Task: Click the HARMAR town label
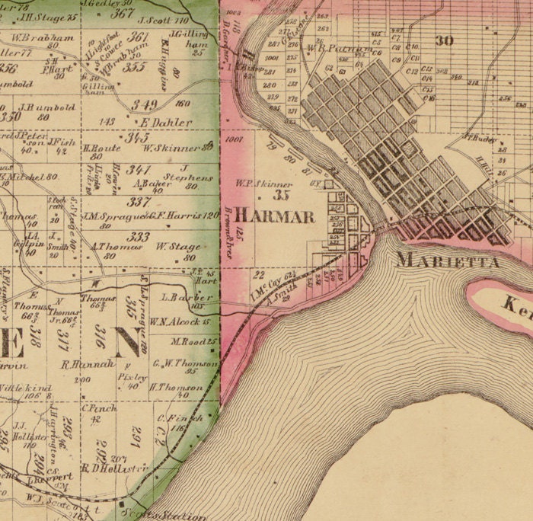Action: coord(274,216)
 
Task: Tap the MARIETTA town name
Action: coord(448,261)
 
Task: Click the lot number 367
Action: coord(122,13)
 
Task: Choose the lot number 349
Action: coord(144,104)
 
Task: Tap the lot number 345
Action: coord(137,138)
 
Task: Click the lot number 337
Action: coord(139,202)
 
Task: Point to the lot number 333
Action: coord(139,237)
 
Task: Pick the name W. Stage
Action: coord(178,247)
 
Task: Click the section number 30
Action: coord(444,41)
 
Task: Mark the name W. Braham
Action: coord(43,37)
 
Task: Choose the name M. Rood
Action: coord(194,341)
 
